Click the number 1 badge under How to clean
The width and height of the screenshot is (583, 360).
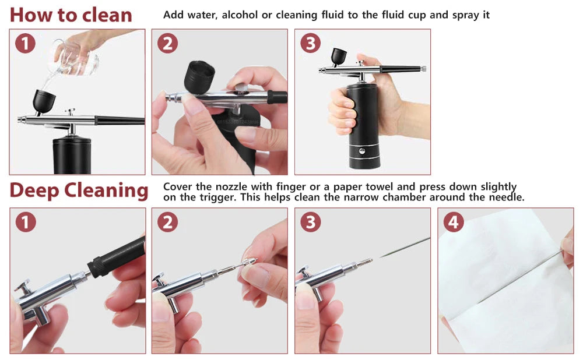tap(25, 44)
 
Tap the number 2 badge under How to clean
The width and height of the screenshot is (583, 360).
tap(167, 44)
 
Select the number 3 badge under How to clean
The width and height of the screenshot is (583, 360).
tap(310, 44)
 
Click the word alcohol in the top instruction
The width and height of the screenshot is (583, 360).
tap(240, 15)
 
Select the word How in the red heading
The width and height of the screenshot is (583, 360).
tap(30, 14)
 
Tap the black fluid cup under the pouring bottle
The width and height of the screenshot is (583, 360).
tap(41, 101)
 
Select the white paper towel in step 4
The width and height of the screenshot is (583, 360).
tap(501, 291)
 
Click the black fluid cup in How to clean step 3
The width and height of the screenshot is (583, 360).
tap(339, 57)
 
